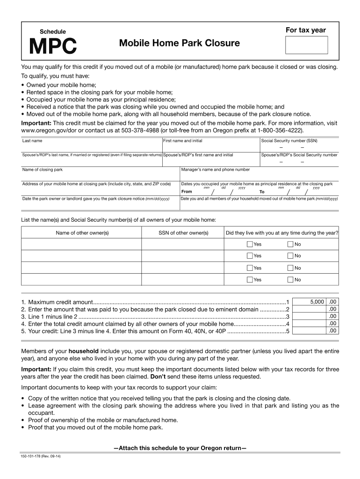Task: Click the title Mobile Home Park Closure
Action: pos(179,44)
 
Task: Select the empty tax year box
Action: pos(306,45)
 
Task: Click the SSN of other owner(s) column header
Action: pos(183,233)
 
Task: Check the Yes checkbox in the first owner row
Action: pos(250,244)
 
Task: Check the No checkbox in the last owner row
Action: pos(290,280)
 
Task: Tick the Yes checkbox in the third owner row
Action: pos(250,268)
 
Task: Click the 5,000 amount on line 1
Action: pos(317,302)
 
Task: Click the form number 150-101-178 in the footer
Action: pos(41,457)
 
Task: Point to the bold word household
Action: pos(83,351)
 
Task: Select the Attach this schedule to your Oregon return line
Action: pos(180,448)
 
